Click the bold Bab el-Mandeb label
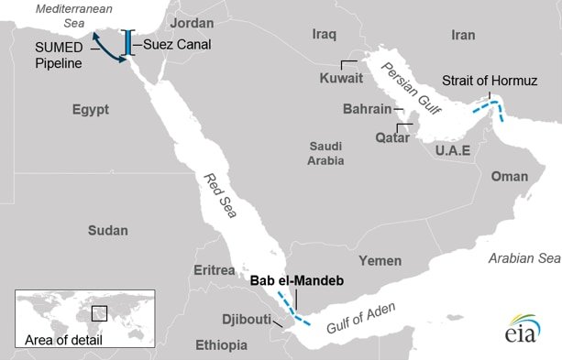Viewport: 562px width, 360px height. point(295,281)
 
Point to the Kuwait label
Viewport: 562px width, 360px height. point(341,79)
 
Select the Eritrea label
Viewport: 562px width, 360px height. point(215,270)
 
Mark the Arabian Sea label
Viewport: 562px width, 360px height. point(523,258)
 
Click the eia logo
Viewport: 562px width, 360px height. point(520,329)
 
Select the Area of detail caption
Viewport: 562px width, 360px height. point(63,341)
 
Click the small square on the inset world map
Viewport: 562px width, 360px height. point(99,313)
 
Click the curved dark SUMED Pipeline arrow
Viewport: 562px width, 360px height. point(110,49)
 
